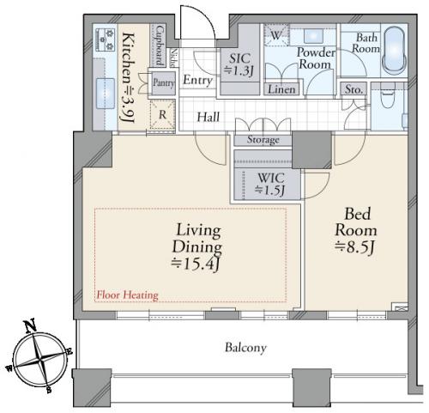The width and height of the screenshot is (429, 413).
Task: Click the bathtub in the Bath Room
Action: (x=394, y=51)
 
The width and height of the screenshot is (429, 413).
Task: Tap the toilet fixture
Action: (x=388, y=95)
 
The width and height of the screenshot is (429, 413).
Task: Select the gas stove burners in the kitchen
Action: (x=105, y=39)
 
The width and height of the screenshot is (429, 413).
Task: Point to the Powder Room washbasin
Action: (x=313, y=36)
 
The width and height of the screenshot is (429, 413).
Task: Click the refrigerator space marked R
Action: (x=162, y=114)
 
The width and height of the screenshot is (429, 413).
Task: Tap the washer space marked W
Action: (x=275, y=35)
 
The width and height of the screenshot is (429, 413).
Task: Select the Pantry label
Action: (x=164, y=82)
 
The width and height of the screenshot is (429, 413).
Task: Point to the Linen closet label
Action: (x=281, y=89)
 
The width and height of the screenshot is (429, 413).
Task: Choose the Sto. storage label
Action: (x=353, y=89)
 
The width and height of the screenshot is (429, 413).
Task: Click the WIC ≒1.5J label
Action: (x=270, y=184)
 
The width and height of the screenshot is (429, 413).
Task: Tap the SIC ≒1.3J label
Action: (x=239, y=64)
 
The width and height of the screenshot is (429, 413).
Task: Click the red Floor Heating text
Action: (x=128, y=295)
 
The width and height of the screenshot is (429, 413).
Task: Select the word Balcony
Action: (x=245, y=348)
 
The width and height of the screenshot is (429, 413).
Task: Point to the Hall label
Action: (x=208, y=117)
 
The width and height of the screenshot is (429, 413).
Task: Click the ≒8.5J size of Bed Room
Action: (x=354, y=247)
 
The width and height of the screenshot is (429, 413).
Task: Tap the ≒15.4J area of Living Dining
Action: (x=196, y=264)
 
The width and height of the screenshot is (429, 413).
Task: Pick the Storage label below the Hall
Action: (x=263, y=140)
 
